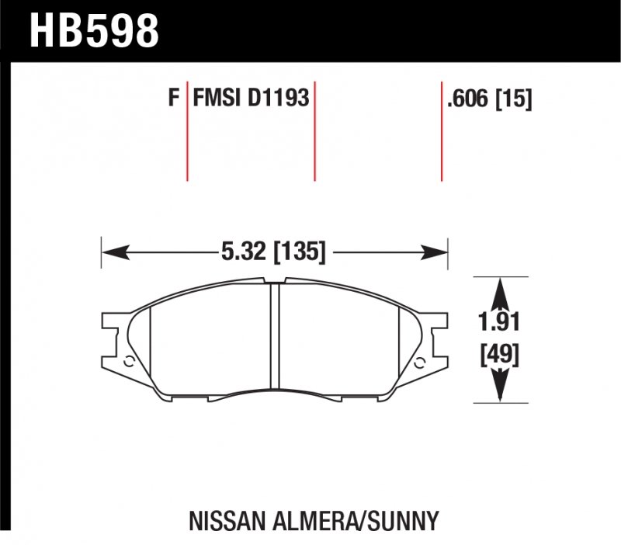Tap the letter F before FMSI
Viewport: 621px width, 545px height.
pyautogui.click(x=173, y=99)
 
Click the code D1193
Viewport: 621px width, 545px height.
pyautogui.click(x=279, y=99)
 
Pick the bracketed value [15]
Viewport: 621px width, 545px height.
pyautogui.click(x=515, y=99)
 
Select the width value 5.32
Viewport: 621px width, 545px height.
pyautogui.click(x=242, y=252)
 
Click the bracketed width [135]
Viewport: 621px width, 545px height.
pyautogui.click(x=299, y=252)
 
